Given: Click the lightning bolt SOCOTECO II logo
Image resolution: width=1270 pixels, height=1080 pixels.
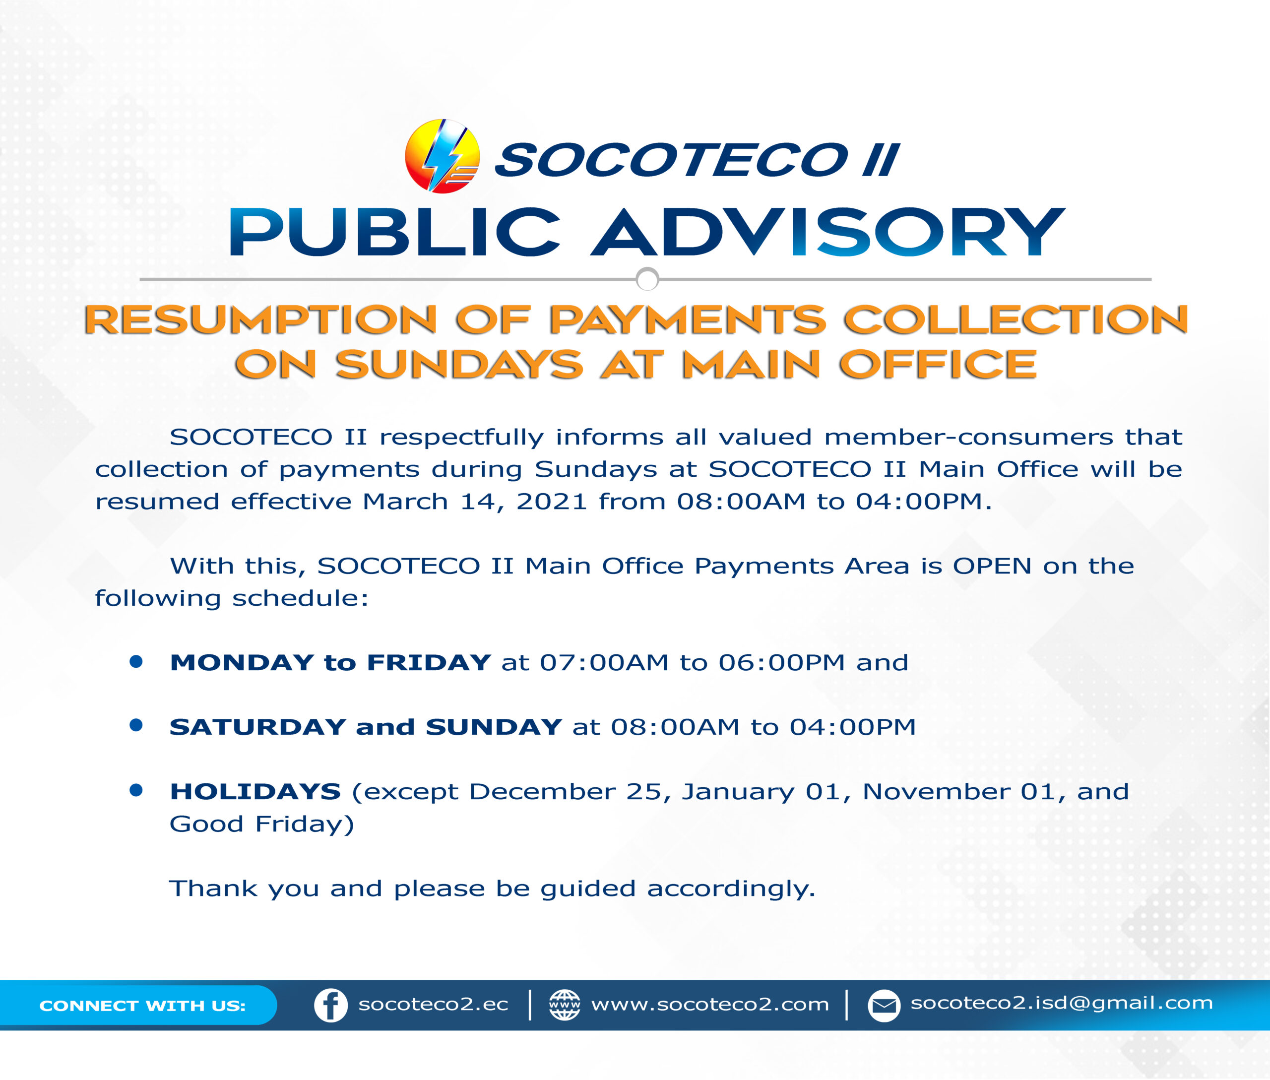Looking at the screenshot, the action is [x=442, y=156].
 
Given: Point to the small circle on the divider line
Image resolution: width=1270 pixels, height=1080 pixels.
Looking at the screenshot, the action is [x=647, y=279].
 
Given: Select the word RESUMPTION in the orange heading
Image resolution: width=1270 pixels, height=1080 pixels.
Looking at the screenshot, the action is [x=260, y=319].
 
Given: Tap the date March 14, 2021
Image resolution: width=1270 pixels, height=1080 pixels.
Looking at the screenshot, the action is [x=475, y=502].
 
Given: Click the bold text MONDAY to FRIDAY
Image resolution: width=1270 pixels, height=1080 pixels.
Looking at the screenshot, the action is [x=330, y=662].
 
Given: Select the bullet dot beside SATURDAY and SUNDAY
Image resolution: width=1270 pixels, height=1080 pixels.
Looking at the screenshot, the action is [x=136, y=725].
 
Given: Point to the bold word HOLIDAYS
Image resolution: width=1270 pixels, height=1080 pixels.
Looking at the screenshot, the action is [x=254, y=792].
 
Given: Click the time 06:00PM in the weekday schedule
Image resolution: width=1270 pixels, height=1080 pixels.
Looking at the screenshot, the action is [x=781, y=662].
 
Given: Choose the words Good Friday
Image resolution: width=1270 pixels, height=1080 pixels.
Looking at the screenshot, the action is [x=261, y=825].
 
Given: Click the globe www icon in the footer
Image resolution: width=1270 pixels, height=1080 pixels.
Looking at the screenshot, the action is [x=565, y=1005].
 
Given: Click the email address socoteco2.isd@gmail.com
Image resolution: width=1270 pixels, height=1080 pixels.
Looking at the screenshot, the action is [x=1062, y=1004].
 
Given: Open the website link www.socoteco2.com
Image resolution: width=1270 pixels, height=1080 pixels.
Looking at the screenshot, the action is [x=710, y=1005].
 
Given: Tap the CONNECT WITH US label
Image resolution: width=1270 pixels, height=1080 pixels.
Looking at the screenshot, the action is [x=142, y=1006].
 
